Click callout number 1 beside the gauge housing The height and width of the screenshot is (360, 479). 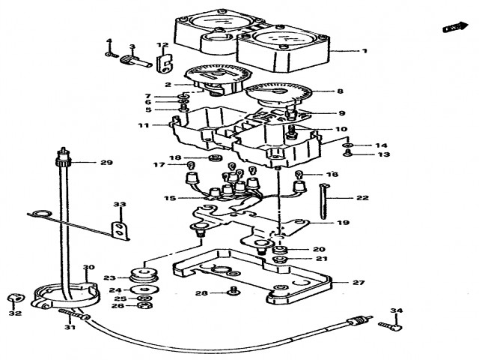364,51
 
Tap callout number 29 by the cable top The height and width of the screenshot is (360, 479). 106,162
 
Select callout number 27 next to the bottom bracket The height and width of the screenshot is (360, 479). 359,283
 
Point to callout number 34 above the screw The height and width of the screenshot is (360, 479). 397,310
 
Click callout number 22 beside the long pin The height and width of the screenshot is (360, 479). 362,199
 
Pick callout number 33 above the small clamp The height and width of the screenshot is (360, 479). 120,205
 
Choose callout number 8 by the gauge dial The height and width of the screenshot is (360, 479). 340,91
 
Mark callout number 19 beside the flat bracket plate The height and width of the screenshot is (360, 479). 342,223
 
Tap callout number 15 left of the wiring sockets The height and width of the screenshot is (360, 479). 170,199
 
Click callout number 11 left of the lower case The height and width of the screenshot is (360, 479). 143,126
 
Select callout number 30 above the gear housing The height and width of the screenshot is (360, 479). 88,268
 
